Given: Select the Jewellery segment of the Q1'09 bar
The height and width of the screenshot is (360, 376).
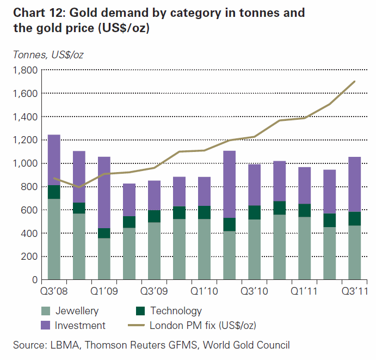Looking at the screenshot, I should pos(104,259).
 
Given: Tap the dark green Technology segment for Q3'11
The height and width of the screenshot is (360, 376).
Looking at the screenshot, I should pos(355,218).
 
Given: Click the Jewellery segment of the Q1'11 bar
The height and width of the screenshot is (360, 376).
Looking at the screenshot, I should pos(305,248).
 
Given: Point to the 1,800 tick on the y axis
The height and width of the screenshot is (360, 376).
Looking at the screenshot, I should pos(23,70).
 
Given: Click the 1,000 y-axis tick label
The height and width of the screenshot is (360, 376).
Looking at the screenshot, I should pos(23,163).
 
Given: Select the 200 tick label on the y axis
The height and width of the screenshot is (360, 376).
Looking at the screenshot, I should pos(27,257).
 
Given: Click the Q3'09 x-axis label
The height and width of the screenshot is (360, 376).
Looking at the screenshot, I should pos(153,291).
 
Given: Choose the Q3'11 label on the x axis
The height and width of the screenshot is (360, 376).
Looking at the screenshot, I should pos(354,291).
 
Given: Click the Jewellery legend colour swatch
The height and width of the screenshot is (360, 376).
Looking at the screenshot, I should pos(46,311).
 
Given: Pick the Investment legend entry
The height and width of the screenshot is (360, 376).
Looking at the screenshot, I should pos(81,326).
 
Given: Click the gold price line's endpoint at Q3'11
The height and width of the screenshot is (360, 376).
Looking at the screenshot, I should pos(355,82).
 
